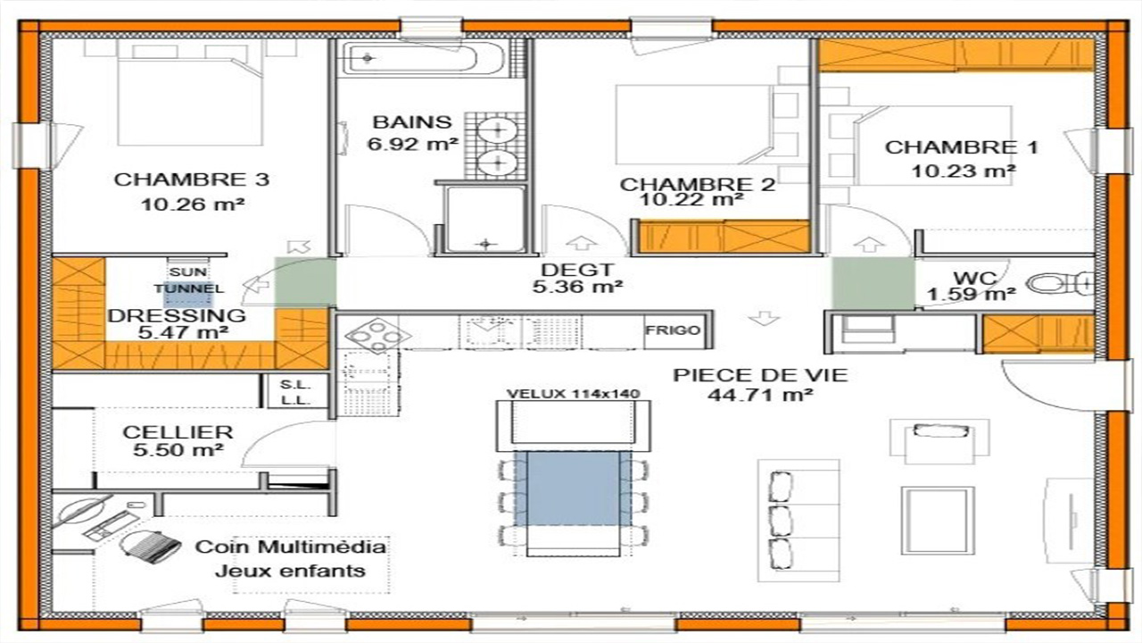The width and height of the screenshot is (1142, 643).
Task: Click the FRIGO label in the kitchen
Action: tap(673, 330)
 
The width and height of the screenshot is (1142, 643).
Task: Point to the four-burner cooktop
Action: tap(377, 336)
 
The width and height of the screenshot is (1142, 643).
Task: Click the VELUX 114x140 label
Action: tap(573, 394)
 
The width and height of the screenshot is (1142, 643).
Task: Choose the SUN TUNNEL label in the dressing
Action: tap(188, 280)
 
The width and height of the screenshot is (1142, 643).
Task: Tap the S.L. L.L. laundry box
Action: tap(295, 392)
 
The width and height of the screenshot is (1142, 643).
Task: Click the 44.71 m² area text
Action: tap(759, 395)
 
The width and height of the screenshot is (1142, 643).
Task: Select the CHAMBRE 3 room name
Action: tap(192, 180)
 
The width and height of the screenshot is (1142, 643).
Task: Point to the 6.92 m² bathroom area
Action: tap(413, 145)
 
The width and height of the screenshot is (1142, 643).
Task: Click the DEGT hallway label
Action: tap(577, 270)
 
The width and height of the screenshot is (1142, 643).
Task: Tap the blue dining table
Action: tap(573, 489)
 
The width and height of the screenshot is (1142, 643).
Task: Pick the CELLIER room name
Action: tap(178, 432)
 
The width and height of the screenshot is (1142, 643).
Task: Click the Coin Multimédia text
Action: tap(291, 547)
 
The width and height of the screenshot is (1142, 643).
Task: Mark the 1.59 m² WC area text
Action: tap(971, 294)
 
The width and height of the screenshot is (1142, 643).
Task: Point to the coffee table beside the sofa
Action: tap(938, 520)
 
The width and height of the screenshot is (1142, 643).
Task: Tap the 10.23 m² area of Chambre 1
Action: tap(963, 171)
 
